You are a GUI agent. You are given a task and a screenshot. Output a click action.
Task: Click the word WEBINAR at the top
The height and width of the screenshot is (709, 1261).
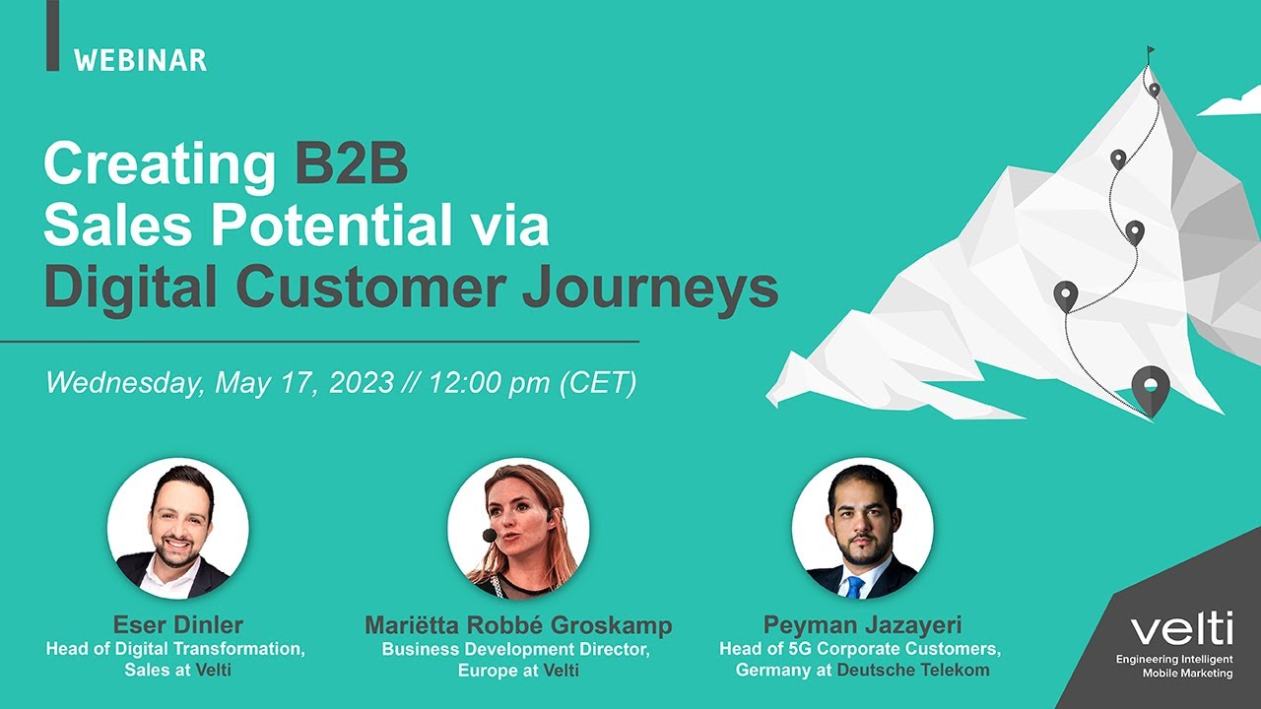pos(140,60)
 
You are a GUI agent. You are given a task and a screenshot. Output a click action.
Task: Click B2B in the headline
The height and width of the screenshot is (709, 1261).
pos(350,165)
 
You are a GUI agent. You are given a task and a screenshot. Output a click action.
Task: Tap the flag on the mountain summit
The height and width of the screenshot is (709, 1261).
pos(1150,51)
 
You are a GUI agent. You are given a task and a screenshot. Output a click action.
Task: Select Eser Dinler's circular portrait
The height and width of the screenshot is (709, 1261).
pos(178,529)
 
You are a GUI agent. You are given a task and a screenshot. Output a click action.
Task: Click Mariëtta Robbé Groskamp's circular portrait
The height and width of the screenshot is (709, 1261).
pos(518,529)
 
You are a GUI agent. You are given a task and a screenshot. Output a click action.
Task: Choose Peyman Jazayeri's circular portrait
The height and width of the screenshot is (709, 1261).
pos(862,529)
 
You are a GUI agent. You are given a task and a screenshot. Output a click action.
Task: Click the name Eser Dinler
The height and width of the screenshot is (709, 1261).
pos(178,625)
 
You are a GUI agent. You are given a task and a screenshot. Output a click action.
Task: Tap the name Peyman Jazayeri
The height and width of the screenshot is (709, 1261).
pos(862,625)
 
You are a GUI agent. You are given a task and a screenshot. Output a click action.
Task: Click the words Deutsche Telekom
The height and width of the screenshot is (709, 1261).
pos(913,671)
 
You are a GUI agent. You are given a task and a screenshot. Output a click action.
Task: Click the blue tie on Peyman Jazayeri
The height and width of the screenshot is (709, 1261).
pos(855,587)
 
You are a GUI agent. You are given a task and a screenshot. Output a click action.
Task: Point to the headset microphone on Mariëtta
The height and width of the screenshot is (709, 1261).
pos(490,535)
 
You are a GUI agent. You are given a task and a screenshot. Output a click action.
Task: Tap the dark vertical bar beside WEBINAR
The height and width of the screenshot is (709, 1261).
pos(52,34)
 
